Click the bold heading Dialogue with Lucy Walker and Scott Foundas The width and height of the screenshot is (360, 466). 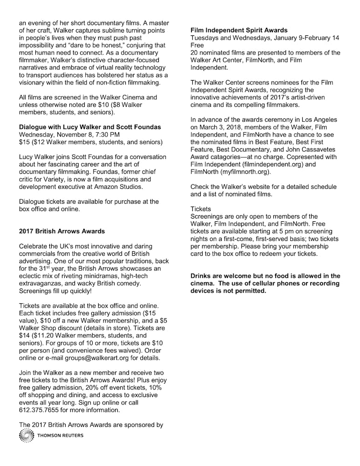(90, 127)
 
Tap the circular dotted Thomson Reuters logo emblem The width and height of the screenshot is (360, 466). (27, 436)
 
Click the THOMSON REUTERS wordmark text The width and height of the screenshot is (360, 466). (60, 436)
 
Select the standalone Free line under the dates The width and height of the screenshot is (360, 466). (197, 46)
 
